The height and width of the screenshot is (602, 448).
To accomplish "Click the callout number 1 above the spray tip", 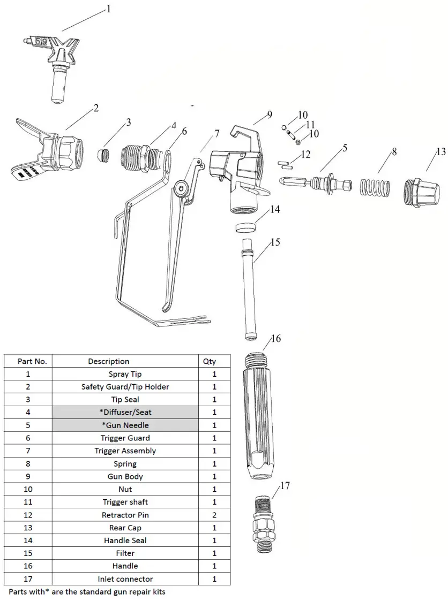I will click(109, 9).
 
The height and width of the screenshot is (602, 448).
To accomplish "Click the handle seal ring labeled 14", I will click(245, 227).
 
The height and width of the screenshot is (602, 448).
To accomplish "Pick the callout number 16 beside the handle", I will click(275, 339).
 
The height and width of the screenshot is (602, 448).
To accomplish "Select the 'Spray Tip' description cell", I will click(125, 374).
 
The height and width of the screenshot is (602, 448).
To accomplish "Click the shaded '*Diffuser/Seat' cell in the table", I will click(125, 413).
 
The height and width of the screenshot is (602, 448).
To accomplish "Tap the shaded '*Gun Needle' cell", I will click(125, 425).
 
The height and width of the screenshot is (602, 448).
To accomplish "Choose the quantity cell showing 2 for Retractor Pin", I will click(214, 515).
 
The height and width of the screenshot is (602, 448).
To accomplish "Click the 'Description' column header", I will click(108, 361).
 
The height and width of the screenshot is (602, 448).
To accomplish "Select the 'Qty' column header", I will click(210, 361).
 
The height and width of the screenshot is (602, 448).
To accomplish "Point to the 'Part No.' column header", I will click(32, 361).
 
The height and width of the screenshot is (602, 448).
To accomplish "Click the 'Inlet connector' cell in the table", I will click(125, 579).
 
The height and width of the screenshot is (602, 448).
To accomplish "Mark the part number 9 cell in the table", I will click(28, 476).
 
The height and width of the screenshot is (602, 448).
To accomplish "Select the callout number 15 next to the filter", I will click(275, 242).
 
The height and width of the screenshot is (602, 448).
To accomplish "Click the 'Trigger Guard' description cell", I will click(125, 438).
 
